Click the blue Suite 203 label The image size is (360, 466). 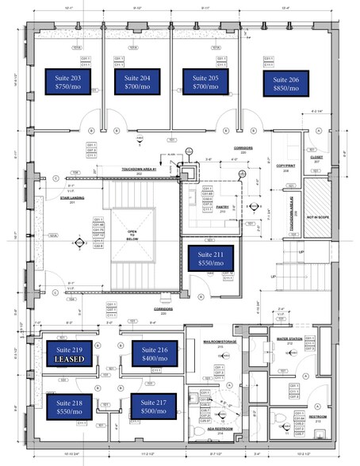click(x=68, y=83)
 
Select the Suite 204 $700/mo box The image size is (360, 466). click(x=138, y=83)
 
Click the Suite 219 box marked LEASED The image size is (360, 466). click(x=69, y=353)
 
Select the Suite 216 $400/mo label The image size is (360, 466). click(x=154, y=353)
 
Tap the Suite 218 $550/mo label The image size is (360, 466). click(x=69, y=406)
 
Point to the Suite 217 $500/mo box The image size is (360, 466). click(x=154, y=406)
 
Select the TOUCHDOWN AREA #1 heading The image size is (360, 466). click(x=140, y=169)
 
